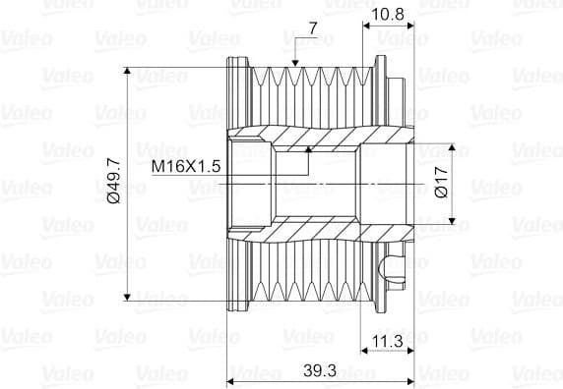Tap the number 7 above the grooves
tap(312, 29)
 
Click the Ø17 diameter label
tap(442, 183)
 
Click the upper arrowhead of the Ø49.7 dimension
tap(129, 75)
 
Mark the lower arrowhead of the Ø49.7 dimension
tap(129, 294)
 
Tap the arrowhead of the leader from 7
tap(296, 65)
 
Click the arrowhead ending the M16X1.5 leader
tap(307, 150)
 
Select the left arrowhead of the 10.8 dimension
tap(368, 27)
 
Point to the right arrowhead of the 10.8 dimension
tap(412, 27)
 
